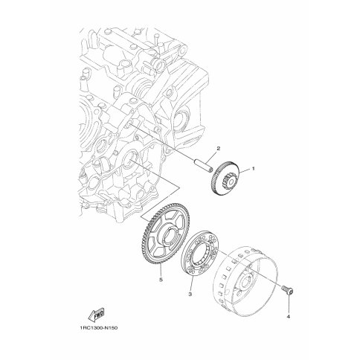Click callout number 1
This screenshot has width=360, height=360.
(254, 168)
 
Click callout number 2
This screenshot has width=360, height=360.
(219, 149)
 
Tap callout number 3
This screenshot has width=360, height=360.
(190, 295)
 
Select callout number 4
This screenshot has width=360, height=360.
(289, 316)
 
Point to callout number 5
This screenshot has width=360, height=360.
(161, 280)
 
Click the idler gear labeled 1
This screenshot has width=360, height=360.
(225, 179)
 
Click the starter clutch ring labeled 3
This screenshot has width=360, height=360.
(202, 251)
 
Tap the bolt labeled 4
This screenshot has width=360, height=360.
(287, 290)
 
